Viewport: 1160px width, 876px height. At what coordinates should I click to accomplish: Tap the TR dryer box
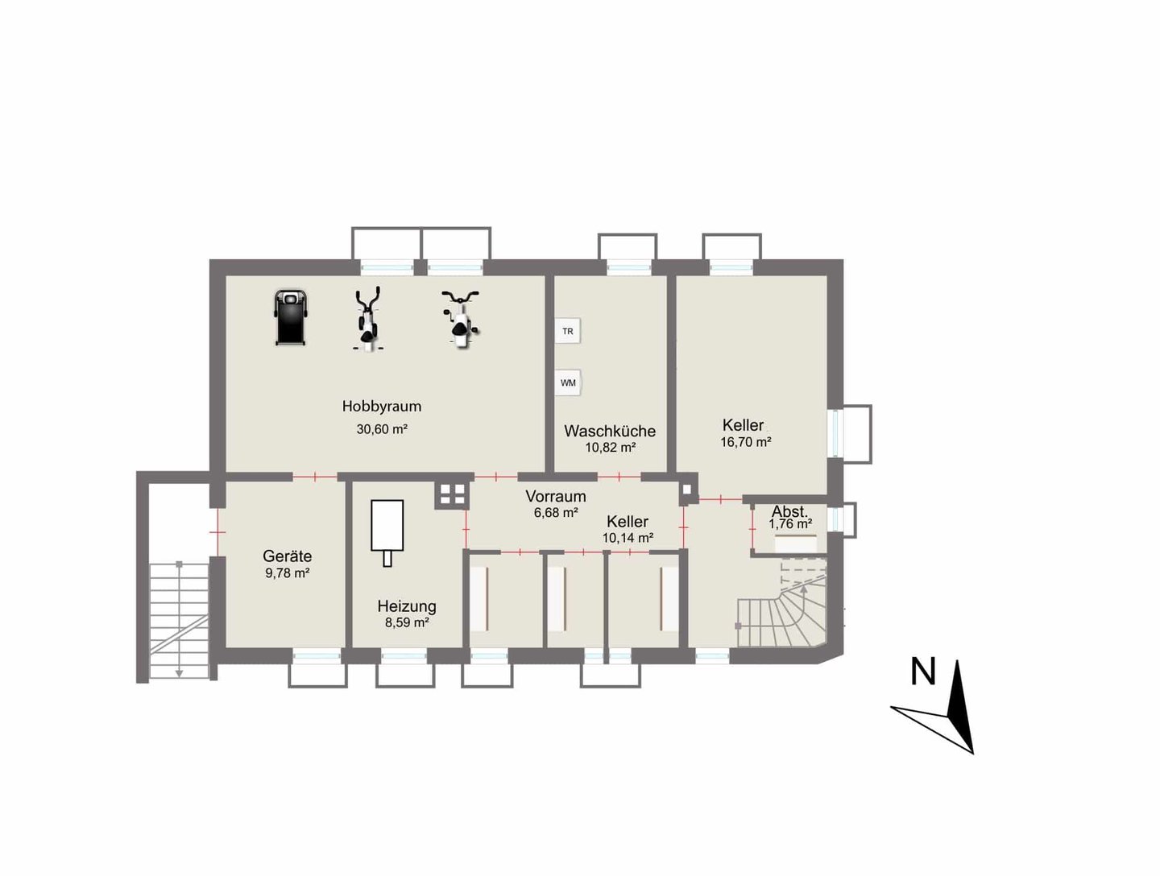pyautogui.click(x=568, y=331)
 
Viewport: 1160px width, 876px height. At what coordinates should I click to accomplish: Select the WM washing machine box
pyautogui.click(x=568, y=382)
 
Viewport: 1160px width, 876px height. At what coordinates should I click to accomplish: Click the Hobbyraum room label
pyautogui.click(x=382, y=407)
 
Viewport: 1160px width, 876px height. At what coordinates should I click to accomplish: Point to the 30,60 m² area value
pyautogui.click(x=382, y=429)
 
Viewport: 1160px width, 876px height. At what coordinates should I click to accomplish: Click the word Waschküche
pyautogui.click(x=610, y=431)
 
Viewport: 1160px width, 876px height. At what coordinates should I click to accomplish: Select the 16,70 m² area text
pyautogui.click(x=745, y=442)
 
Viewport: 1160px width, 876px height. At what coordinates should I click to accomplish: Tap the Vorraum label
pyautogui.click(x=555, y=496)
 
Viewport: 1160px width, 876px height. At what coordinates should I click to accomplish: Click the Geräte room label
pyautogui.click(x=287, y=556)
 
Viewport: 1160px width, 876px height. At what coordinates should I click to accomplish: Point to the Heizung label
pyautogui.click(x=407, y=606)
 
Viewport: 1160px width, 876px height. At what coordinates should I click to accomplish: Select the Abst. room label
pyautogui.click(x=789, y=511)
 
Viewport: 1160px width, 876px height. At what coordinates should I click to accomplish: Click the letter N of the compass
pyautogui.click(x=922, y=672)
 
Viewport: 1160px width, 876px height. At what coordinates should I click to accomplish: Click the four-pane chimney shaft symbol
pyautogui.click(x=453, y=495)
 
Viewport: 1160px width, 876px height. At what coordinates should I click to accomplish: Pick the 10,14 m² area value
pyautogui.click(x=628, y=538)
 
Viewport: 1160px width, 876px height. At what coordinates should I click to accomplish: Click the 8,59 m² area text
pyautogui.click(x=406, y=623)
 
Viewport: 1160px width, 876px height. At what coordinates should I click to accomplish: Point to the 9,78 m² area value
pyautogui.click(x=287, y=573)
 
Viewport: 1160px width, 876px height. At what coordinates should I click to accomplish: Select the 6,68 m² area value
pyautogui.click(x=555, y=512)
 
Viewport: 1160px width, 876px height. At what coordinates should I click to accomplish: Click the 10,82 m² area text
pyautogui.click(x=610, y=448)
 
